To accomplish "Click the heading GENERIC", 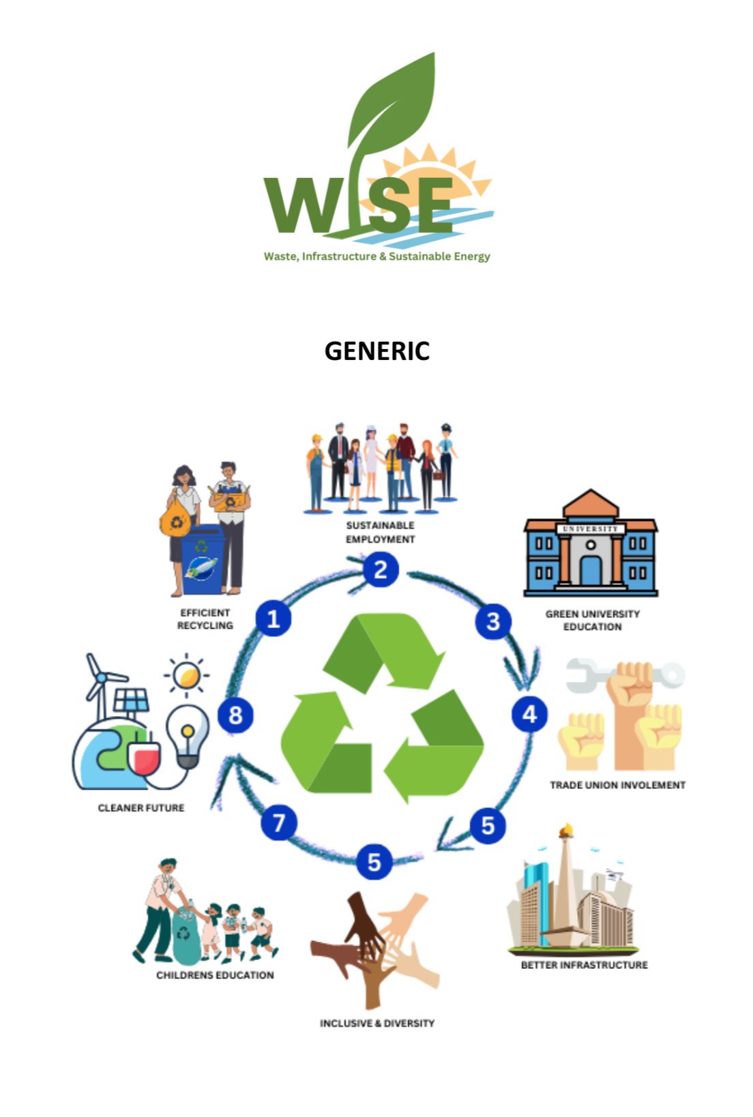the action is pyautogui.click(x=377, y=351).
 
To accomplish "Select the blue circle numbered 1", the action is pyautogui.click(x=274, y=619).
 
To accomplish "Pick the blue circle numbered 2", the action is pyautogui.click(x=381, y=569).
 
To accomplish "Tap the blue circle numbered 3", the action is pyautogui.click(x=493, y=621).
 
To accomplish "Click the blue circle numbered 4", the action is pyautogui.click(x=529, y=714).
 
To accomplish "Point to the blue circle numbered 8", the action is pyautogui.click(x=235, y=715).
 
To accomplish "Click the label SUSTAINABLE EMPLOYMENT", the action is pyautogui.click(x=380, y=532).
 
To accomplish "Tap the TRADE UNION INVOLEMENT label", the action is pyautogui.click(x=617, y=785).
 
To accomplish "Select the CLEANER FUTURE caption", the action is pyautogui.click(x=141, y=808).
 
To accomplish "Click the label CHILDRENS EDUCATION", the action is pyautogui.click(x=215, y=975).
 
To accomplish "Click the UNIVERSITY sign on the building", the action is pyautogui.click(x=591, y=528).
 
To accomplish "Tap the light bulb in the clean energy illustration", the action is pyautogui.click(x=188, y=737).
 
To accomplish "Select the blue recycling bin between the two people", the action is pyautogui.click(x=202, y=559).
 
